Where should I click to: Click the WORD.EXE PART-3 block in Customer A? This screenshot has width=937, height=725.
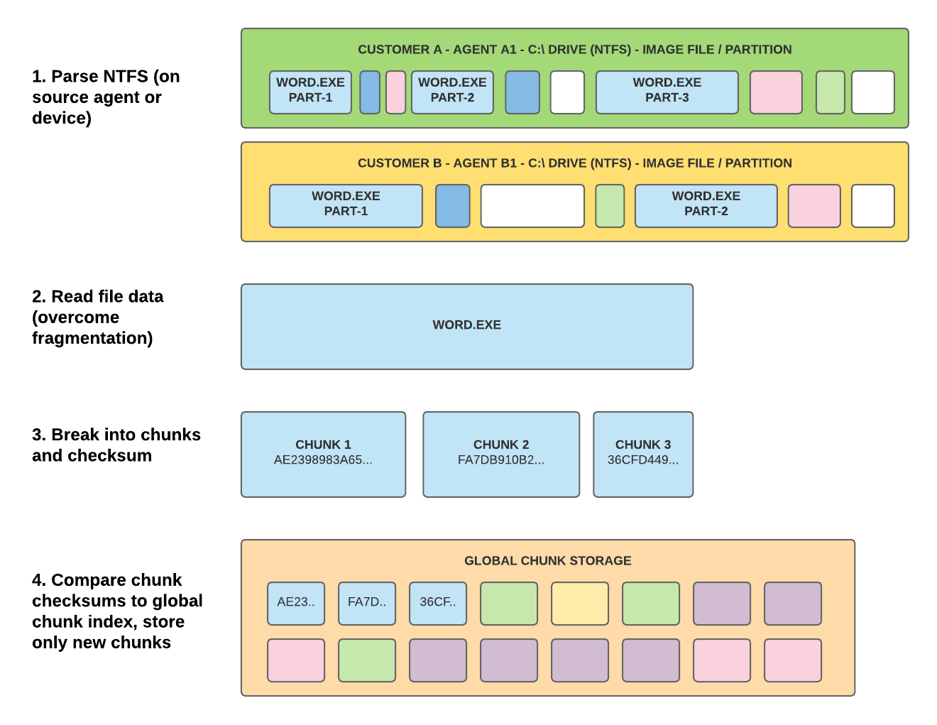point(667,92)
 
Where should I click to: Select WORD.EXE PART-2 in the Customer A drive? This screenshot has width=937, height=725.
point(452,92)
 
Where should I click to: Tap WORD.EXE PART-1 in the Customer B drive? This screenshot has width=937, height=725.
point(346,205)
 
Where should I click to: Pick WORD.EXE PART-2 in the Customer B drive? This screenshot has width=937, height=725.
point(706,205)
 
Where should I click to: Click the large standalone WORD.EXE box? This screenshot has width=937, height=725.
point(466,326)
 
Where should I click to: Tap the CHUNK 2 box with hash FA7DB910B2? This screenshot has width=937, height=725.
point(501,454)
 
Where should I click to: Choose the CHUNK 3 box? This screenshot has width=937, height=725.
point(643,454)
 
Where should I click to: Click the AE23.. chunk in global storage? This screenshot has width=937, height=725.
point(296,603)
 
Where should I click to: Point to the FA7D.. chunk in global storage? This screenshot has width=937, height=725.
point(367,603)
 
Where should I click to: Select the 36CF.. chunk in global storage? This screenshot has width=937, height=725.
point(438,603)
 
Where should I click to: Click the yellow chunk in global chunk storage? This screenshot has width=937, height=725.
point(580,603)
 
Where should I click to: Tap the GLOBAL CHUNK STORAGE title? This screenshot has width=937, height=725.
point(547,560)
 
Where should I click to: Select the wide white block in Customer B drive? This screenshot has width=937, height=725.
point(532,205)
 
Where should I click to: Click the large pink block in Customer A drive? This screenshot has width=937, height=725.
point(776,92)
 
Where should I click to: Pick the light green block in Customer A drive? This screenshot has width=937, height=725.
point(830,92)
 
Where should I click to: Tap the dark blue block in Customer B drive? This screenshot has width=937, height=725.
point(452,205)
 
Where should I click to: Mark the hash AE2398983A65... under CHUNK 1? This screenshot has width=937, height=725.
point(323,460)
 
